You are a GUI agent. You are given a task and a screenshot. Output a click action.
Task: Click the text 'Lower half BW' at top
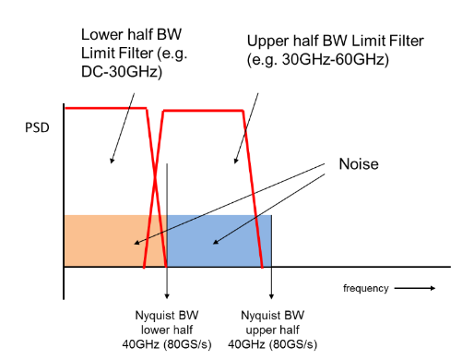click(127, 34)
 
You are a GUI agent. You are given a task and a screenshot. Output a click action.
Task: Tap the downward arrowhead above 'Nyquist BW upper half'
click(272, 295)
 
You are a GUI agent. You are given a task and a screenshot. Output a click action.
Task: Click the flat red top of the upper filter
click(203, 110)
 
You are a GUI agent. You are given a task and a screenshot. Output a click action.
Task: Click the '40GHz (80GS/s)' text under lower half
click(167, 345)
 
